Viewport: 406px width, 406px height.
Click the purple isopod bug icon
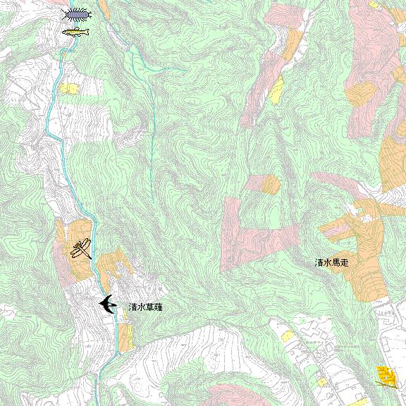coord(77,14)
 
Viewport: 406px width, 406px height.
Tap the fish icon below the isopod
coord(75,32)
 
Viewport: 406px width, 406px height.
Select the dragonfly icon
coord(81,249)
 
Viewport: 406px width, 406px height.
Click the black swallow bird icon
coord(108,304)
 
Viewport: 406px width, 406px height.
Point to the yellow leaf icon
coord(385,376)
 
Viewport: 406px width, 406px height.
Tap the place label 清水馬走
coord(332,262)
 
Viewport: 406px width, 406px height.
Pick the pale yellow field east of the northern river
coord(69,89)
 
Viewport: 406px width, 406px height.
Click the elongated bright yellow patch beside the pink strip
coord(278,90)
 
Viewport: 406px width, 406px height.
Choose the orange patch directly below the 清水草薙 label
coord(125,337)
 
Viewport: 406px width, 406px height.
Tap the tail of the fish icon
coord(65,32)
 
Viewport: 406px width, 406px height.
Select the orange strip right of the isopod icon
coord(104,9)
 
